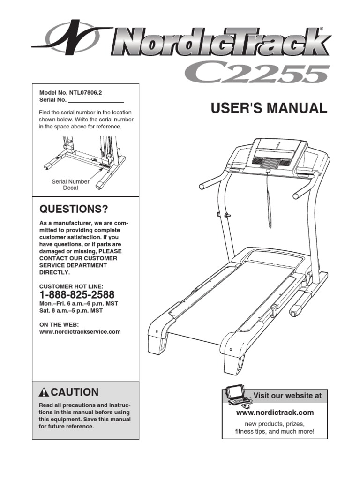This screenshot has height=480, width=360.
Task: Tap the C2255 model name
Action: [x=255, y=74]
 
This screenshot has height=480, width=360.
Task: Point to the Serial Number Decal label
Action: [x=70, y=185]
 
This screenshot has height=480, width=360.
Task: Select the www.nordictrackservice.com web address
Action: [x=80, y=331]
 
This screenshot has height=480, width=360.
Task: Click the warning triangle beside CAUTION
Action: [x=44, y=392]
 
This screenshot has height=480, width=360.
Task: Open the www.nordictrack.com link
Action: [x=275, y=412]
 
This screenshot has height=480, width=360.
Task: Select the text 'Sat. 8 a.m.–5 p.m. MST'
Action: [x=71, y=310]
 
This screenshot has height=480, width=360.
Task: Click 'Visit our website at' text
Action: [x=288, y=396]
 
